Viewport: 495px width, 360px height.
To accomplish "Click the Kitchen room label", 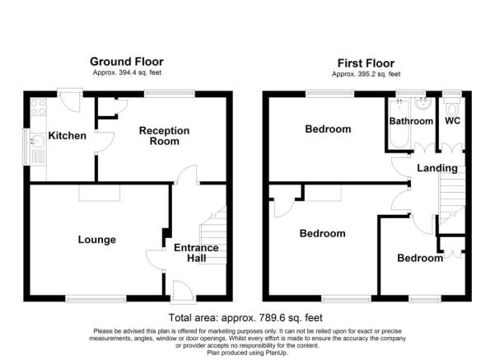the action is point(68,136).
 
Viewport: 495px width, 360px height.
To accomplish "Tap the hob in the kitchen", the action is point(39,107).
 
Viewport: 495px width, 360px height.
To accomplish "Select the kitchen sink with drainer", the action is point(39,149).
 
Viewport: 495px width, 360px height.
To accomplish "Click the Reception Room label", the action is point(164,136).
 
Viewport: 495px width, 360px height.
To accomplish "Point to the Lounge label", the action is point(97,240).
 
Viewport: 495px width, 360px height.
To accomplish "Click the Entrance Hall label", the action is point(196,253).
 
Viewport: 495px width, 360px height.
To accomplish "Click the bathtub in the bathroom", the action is point(399,124).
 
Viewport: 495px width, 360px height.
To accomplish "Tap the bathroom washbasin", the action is point(423,104).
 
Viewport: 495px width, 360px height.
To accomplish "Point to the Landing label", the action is point(437,168).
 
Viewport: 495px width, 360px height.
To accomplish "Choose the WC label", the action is point(452,121).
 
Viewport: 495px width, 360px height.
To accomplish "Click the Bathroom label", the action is point(411,121).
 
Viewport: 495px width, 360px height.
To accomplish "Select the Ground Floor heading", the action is point(127,62).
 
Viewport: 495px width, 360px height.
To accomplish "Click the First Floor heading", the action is point(366,63).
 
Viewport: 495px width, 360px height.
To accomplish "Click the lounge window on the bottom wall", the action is point(96,298).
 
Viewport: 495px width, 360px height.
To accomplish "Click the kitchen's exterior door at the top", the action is point(70,101).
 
